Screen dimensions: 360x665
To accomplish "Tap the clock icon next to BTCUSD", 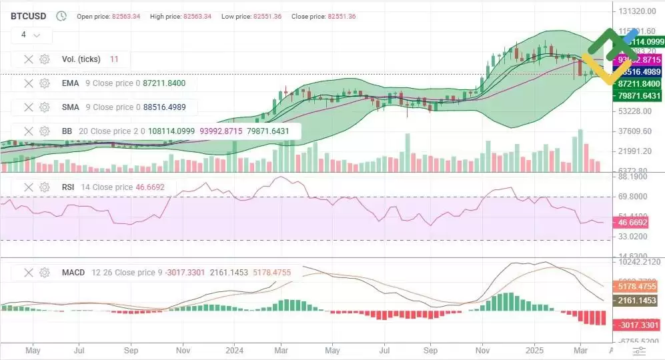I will click(61, 15).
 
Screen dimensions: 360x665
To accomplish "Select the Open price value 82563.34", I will click(127, 16).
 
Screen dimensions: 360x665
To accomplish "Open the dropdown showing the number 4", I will click(31, 35).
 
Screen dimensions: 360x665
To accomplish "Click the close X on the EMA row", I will click(29, 83).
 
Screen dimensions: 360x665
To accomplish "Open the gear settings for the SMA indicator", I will click(45, 107).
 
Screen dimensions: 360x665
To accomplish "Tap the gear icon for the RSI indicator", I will click(45, 187).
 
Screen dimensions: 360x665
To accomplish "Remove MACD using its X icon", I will click(29, 273).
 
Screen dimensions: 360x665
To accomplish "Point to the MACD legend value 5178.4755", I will click(279, 273).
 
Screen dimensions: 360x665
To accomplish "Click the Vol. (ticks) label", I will click(81, 59).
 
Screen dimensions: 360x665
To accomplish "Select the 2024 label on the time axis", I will click(234, 349).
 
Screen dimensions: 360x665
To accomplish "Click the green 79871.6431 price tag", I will click(638, 96).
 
